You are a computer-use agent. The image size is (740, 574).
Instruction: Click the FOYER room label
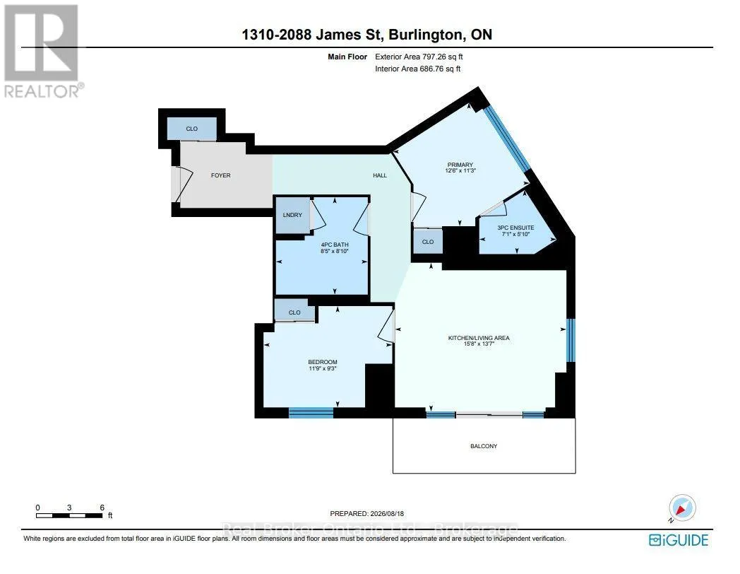click(x=220, y=175)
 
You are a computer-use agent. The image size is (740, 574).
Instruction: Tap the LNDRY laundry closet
click(x=292, y=215)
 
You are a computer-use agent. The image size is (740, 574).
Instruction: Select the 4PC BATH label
click(x=335, y=245)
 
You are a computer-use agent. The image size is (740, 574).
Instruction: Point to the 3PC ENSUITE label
click(x=515, y=228)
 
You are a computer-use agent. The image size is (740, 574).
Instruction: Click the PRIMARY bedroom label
click(x=460, y=165)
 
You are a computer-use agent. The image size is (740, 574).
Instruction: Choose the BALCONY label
click(x=484, y=446)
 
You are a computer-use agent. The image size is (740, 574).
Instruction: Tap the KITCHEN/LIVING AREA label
click(x=479, y=338)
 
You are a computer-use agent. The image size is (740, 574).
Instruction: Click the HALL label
click(x=380, y=175)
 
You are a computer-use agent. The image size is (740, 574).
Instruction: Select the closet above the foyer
click(x=192, y=129)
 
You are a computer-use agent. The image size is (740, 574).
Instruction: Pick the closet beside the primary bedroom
click(x=428, y=242)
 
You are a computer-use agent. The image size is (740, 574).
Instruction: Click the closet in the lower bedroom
click(x=294, y=312)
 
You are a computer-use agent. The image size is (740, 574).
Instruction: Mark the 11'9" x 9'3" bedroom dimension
click(x=323, y=368)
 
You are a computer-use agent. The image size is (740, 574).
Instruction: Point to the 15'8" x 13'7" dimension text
click(x=479, y=344)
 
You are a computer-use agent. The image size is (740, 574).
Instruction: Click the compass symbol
click(x=682, y=508)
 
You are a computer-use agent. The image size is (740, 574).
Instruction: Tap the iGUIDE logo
click(x=679, y=540)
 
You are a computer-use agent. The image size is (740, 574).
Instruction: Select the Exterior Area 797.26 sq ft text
click(x=419, y=57)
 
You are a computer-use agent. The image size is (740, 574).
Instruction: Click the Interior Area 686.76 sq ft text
click(x=418, y=69)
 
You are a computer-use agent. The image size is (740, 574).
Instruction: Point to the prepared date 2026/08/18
click(x=386, y=513)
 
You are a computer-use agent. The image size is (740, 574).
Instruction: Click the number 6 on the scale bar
click(x=102, y=508)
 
